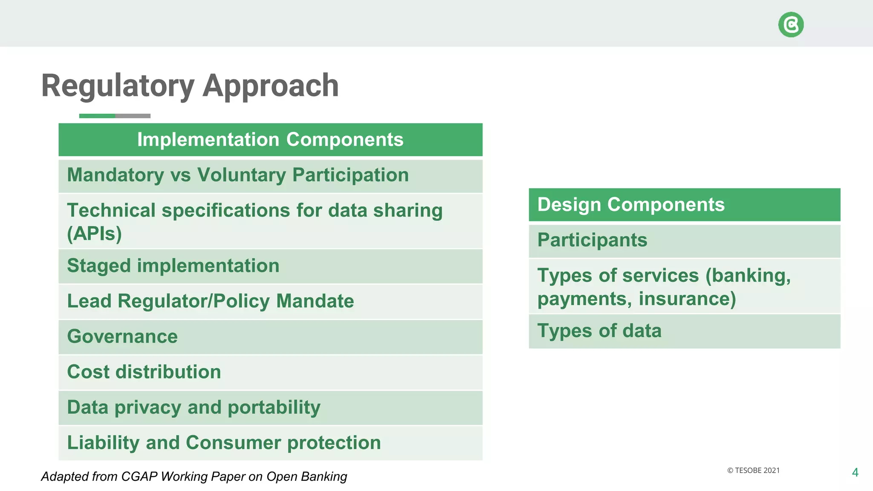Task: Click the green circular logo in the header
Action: point(791,25)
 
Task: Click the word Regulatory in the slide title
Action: point(118,86)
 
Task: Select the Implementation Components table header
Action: point(270,140)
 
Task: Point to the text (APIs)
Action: point(94,234)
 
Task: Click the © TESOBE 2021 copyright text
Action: point(753,471)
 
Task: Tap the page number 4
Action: point(855,473)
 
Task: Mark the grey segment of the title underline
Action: point(133,116)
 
